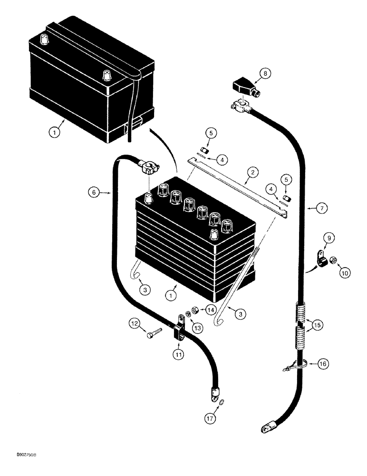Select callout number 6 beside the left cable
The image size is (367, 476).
(x=94, y=193)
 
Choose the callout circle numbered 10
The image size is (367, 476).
(x=343, y=273)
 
